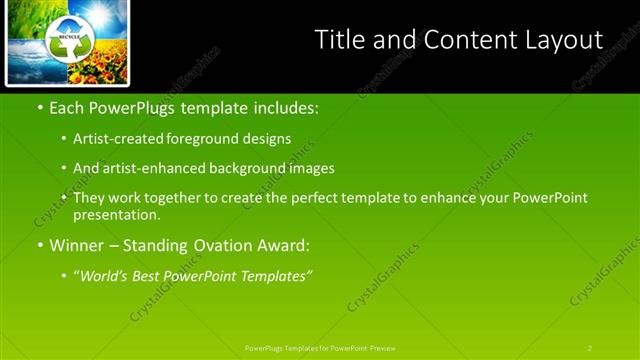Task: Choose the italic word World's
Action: click(105, 276)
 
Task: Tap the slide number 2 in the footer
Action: click(590, 348)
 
